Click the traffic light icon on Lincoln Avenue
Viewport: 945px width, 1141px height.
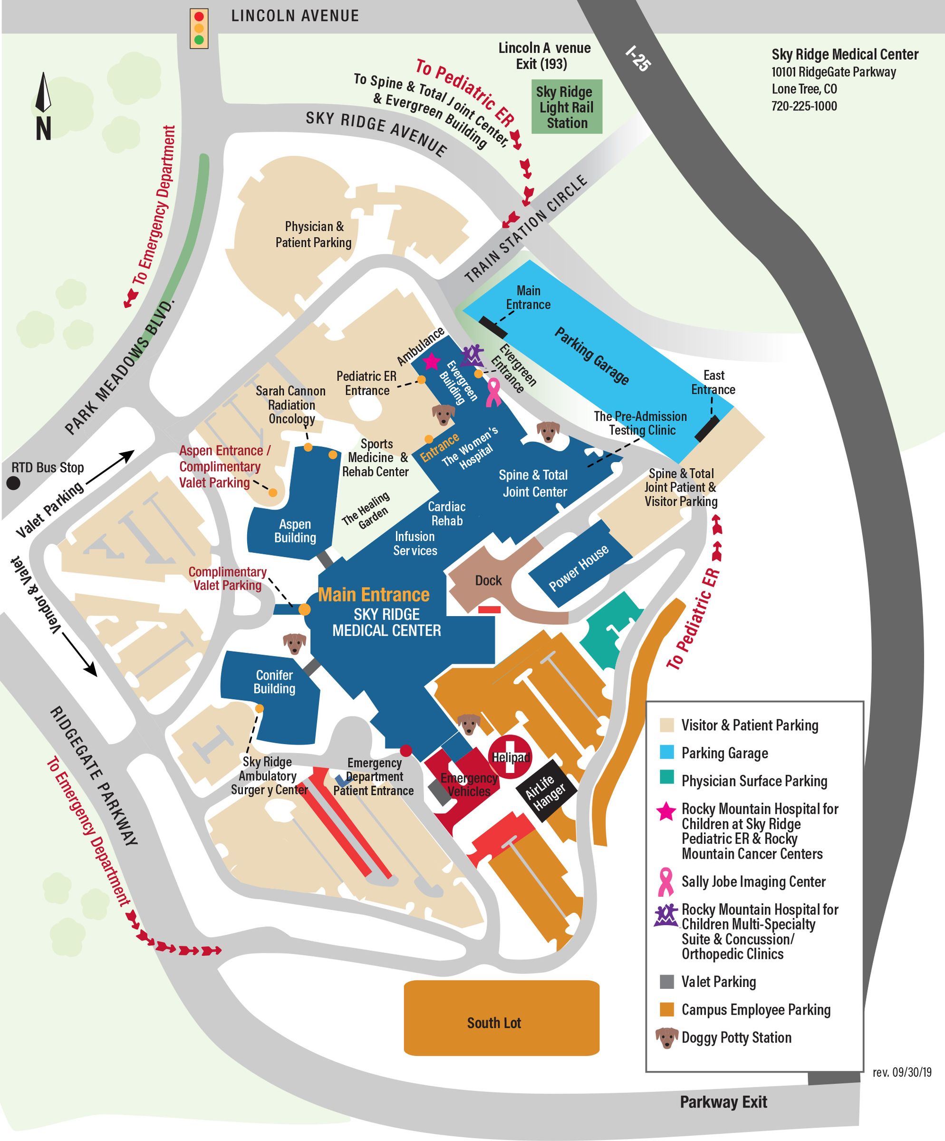pyautogui.click(x=199, y=28)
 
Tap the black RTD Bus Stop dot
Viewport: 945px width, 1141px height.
pyautogui.click(x=13, y=483)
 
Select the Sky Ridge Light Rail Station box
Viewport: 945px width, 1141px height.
pyautogui.click(x=567, y=107)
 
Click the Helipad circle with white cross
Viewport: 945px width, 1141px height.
pyautogui.click(x=510, y=757)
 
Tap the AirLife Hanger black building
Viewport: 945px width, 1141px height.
pyautogui.click(x=545, y=792)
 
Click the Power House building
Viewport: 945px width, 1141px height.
pyautogui.click(x=579, y=568)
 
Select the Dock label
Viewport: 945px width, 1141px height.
pyautogui.click(x=488, y=580)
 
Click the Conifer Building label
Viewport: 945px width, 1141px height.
pyautogui.click(x=274, y=681)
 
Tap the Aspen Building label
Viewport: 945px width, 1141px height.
pyautogui.click(x=295, y=531)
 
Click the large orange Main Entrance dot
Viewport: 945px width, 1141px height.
pyautogui.click(x=305, y=609)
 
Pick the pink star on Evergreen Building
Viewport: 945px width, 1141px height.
pyautogui.click(x=431, y=361)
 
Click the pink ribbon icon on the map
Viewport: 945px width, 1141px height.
pyautogui.click(x=493, y=393)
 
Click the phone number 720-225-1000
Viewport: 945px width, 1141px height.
pyautogui.click(x=804, y=106)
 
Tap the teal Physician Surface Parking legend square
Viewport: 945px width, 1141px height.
pyautogui.click(x=666, y=777)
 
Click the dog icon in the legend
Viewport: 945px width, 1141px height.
pyautogui.click(x=666, y=1037)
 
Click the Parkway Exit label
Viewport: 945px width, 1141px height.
pyautogui.click(x=723, y=1102)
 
